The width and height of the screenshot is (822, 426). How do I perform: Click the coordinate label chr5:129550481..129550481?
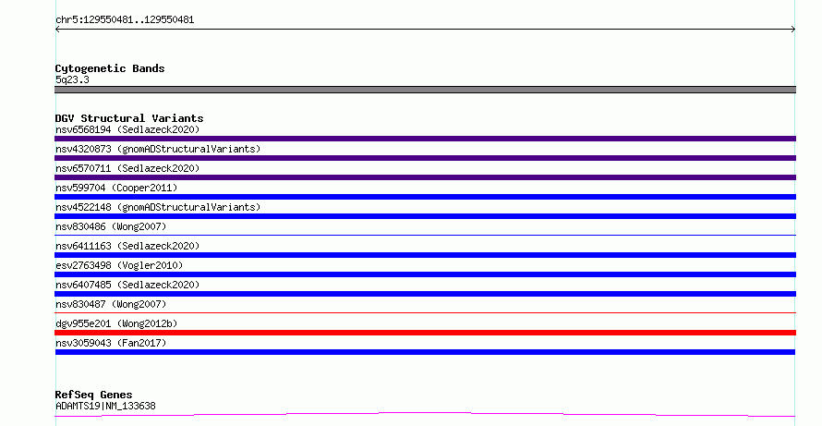click(125, 20)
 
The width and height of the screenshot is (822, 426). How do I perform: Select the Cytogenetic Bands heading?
click(110, 68)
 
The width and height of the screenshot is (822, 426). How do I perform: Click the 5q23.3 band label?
click(72, 79)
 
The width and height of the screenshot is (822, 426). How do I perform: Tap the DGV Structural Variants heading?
click(129, 118)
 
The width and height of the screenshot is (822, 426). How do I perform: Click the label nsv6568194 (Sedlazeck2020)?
click(127, 129)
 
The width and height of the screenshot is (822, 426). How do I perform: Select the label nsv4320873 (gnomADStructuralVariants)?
click(158, 149)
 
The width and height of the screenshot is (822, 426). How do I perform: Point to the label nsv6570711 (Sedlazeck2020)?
click(127, 168)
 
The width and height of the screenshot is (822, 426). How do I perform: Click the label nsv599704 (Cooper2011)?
click(116, 188)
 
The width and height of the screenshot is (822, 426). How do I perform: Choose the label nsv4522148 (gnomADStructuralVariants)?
click(158, 207)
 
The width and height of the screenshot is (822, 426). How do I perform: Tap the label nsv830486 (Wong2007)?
click(111, 226)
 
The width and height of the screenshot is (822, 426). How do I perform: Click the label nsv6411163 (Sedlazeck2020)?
click(127, 246)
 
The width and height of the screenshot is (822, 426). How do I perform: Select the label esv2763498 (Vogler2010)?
click(119, 265)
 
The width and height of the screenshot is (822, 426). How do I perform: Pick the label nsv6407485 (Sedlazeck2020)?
click(127, 285)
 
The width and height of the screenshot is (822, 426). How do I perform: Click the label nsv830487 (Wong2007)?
click(111, 304)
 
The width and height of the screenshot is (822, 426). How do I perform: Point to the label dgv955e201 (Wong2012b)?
click(116, 323)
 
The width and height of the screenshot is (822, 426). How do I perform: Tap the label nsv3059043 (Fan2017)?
click(111, 343)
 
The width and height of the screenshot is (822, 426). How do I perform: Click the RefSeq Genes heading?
click(93, 396)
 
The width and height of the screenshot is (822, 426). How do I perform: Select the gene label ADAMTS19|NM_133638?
click(105, 406)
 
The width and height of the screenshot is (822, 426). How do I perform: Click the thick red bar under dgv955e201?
click(425, 333)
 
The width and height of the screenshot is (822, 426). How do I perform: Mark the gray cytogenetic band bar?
click(425, 90)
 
